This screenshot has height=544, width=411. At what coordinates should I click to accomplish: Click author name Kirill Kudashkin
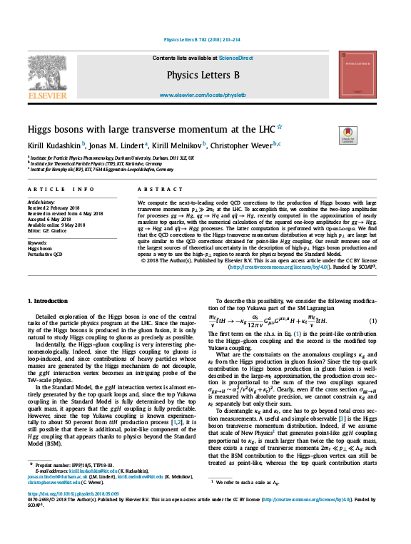coord(54,145)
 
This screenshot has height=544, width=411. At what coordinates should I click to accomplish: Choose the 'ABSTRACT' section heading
coord(156,189)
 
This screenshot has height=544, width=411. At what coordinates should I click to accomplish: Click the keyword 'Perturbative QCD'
coord(46,254)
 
